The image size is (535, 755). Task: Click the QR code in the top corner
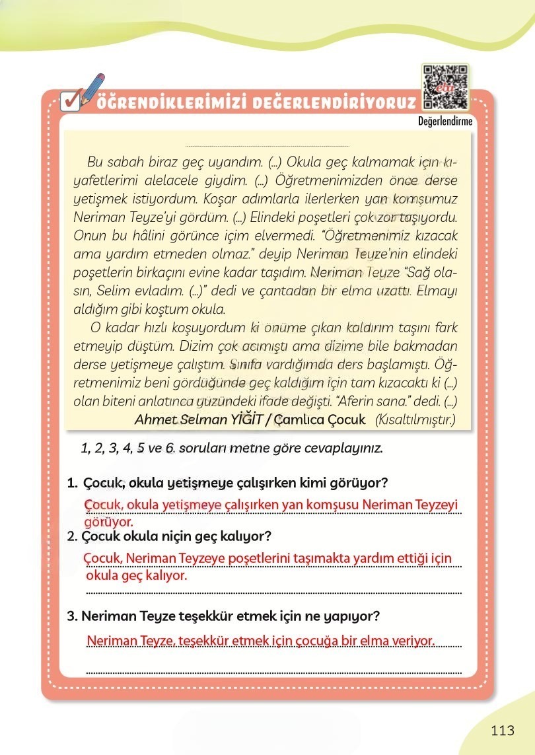tap(445, 87)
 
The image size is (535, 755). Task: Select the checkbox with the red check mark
tap(69, 102)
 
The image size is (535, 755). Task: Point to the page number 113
tap(503, 731)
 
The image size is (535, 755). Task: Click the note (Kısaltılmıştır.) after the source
tap(415, 419)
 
